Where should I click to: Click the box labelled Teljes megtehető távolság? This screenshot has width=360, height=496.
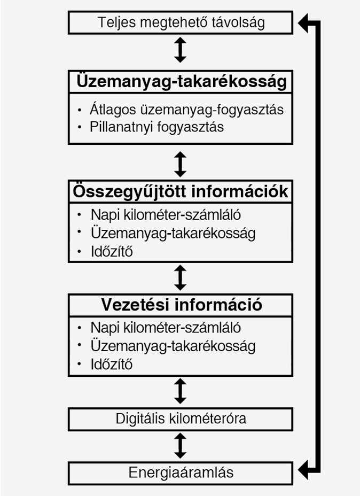click(x=181, y=22)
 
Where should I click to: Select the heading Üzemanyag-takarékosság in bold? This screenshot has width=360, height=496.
click(x=181, y=82)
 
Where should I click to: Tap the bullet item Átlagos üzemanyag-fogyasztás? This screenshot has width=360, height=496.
click(x=187, y=110)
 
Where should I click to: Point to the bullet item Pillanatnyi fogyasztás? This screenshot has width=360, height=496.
click(x=157, y=127)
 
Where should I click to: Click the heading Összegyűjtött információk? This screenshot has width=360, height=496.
click(x=181, y=191)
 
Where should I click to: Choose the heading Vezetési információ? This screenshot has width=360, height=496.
click(x=181, y=305)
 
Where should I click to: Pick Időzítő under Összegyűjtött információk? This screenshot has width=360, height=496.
click(x=111, y=252)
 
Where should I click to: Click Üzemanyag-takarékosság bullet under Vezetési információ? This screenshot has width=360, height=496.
click(x=173, y=345)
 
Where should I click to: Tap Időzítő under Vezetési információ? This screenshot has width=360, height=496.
click(x=111, y=365)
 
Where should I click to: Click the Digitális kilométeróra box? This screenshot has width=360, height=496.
click(x=181, y=418)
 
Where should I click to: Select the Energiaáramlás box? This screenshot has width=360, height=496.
click(x=181, y=473)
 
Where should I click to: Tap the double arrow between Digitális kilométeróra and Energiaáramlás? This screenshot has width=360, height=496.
click(x=181, y=445)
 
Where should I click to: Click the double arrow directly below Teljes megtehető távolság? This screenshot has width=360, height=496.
click(x=181, y=50)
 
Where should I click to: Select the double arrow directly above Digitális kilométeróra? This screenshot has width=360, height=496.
click(x=181, y=391)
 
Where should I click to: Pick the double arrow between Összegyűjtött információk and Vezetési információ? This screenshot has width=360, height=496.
click(x=181, y=277)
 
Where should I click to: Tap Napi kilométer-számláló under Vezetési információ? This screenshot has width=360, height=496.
click(x=166, y=327)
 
